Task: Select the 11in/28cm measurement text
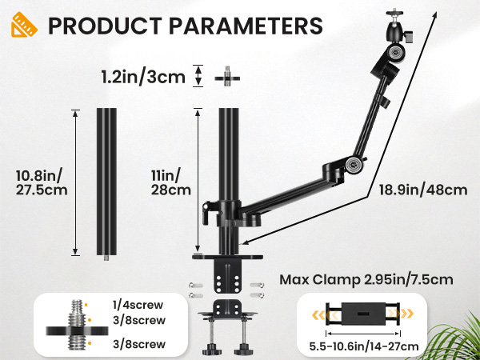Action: (x=172, y=182)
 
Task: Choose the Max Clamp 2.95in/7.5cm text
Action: (x=366, y=281)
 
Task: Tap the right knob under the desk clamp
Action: (x=242, y=350)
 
